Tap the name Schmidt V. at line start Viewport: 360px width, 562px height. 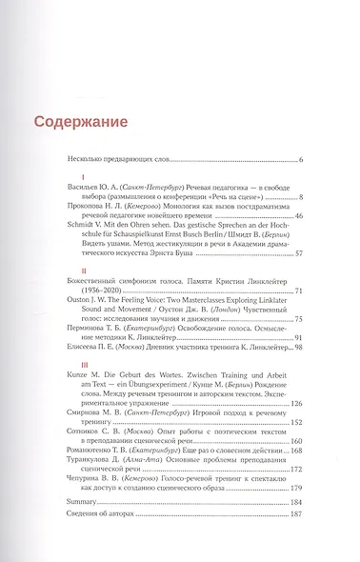coord(79,229)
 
